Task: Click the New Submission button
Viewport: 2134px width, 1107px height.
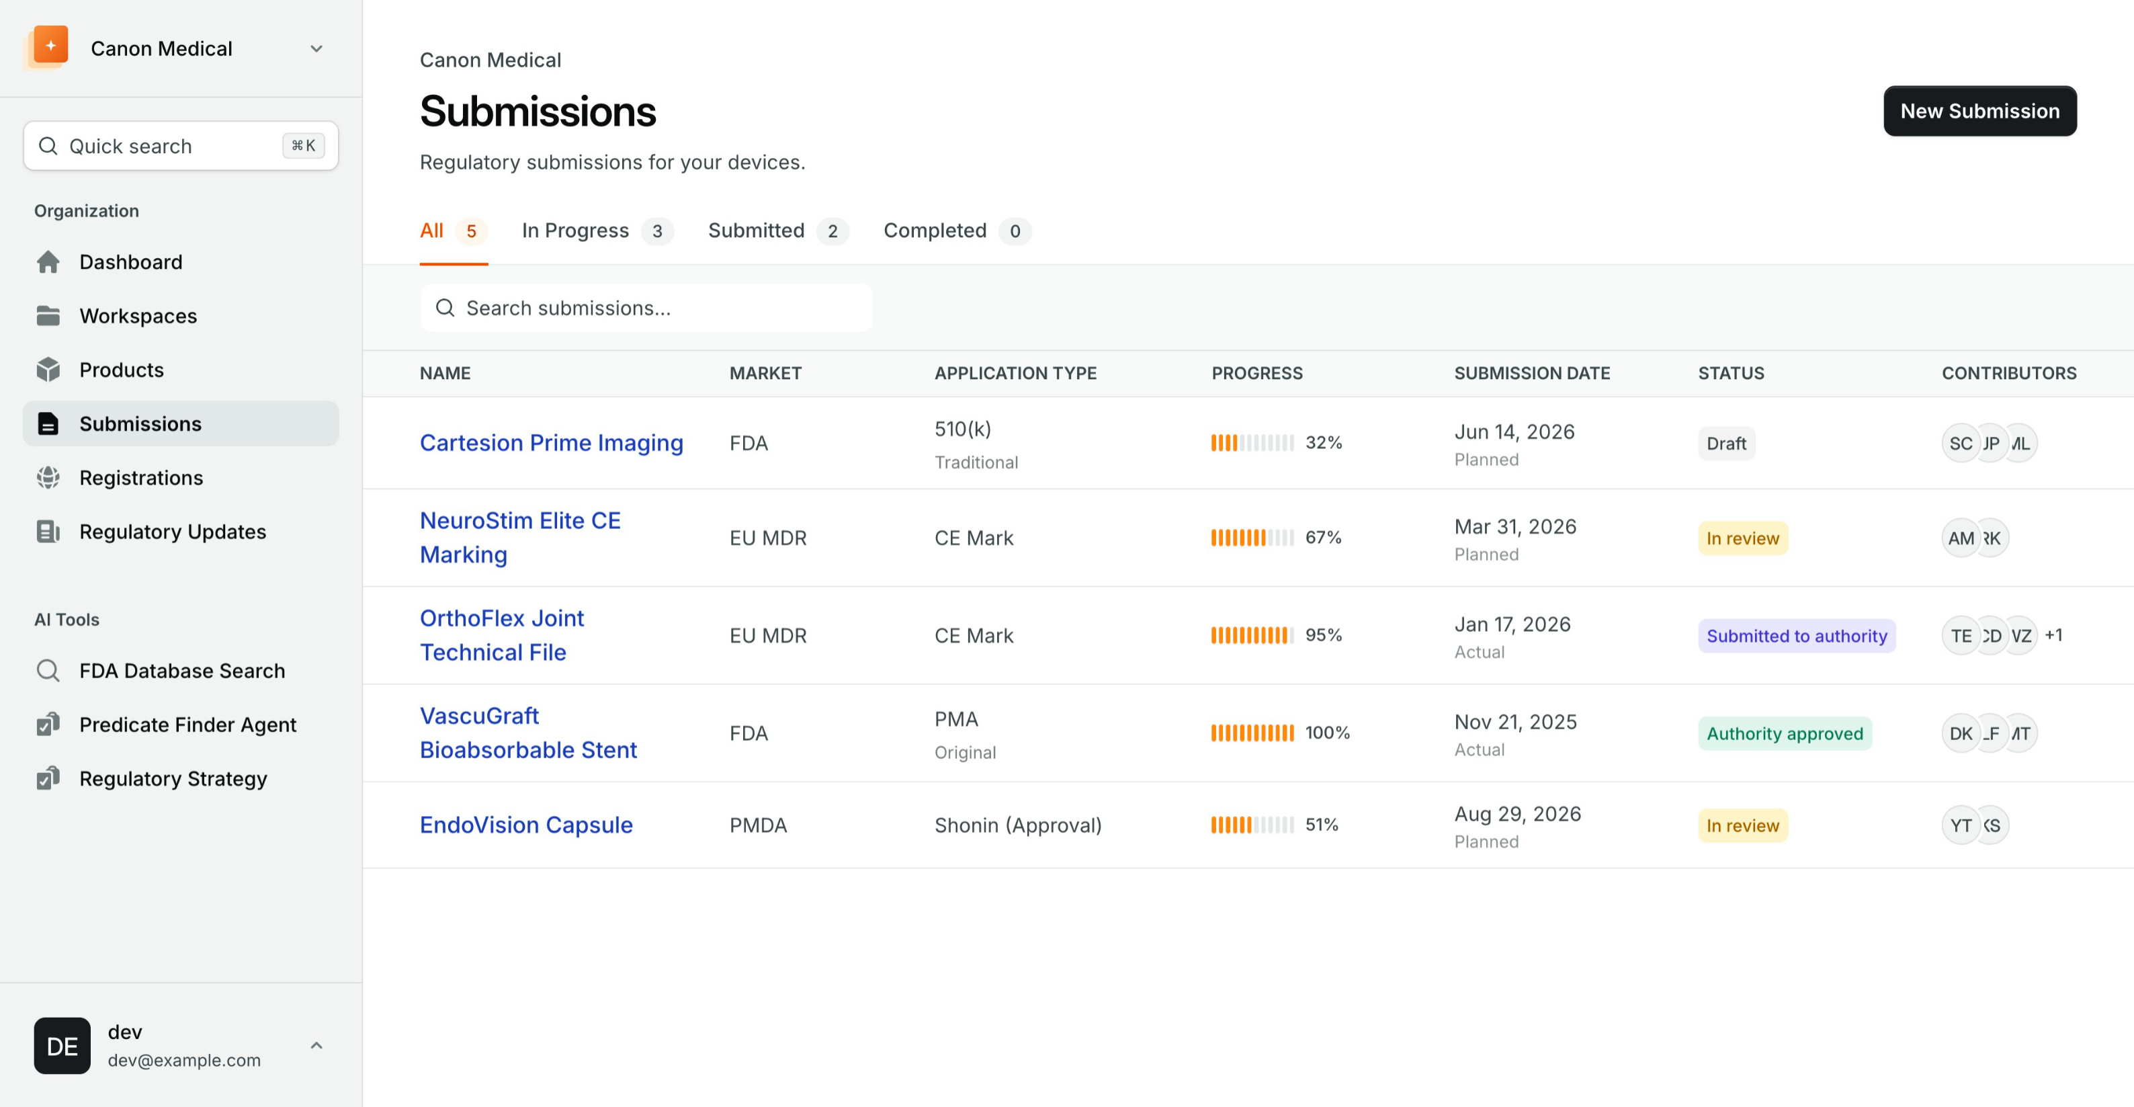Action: coord(1979,111)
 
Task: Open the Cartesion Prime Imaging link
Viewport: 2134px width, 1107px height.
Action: coord(551,444)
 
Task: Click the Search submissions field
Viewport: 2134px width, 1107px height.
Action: coord(646,309)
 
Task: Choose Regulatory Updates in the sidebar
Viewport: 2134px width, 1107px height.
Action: coord(172,532)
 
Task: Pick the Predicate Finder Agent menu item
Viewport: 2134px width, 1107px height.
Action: coord(187,725)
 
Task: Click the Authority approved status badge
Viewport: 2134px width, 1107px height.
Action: coord(1785,733)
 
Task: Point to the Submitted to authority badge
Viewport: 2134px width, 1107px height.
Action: coord(1796,636)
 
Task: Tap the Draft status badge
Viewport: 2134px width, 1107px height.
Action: coord(1725,444)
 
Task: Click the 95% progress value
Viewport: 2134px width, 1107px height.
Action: coord(1323,636)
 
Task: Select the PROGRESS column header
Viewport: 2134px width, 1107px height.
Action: coord(1256,374)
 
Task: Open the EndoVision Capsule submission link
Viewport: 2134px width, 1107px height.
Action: coord(526,825)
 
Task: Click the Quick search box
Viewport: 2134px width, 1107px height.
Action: coord(181,147)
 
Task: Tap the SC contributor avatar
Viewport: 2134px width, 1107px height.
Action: coord(1960,444)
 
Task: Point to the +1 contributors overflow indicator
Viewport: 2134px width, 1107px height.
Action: coord(2053,636)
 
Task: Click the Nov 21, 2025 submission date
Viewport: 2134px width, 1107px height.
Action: coord(1515,723)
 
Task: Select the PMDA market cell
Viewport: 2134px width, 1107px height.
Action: coord(758,825)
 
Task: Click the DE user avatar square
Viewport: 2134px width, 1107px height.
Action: coord(62,1046)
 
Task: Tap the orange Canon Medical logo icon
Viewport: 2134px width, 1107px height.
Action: coord(50,46)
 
